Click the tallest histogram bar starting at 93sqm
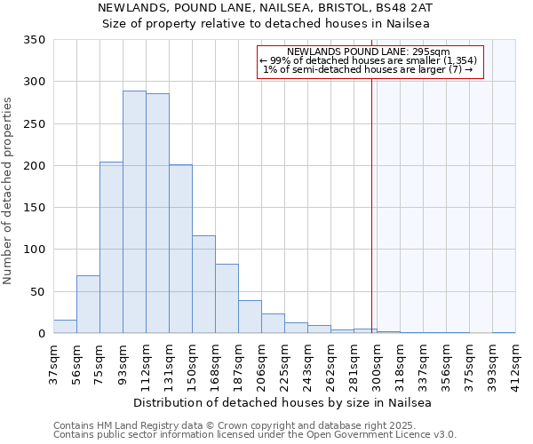[x=134, y=212]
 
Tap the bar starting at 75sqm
[x=111, y=248]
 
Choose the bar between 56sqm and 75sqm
[x=88, y=305]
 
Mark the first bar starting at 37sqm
[x=65, y=326]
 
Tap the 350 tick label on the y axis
[x=35, y=40]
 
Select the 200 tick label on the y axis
[x=35, y=166]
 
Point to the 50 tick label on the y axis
[x=37, y=291]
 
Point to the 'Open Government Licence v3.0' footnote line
[x=255, y=435]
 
